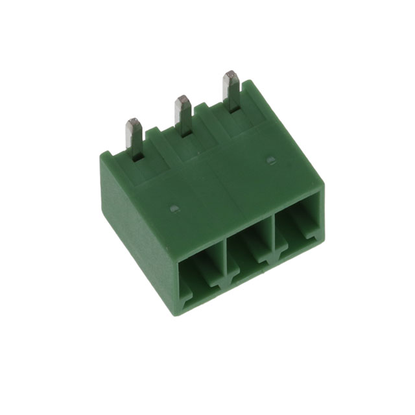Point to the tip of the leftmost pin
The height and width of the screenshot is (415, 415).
pos(134,122)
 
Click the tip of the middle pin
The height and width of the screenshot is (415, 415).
pos(183,100)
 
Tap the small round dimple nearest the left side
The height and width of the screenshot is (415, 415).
pos(173,209)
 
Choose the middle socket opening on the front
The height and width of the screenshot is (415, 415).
pos(250,250)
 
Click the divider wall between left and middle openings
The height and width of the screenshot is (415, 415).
pos(223,259)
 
